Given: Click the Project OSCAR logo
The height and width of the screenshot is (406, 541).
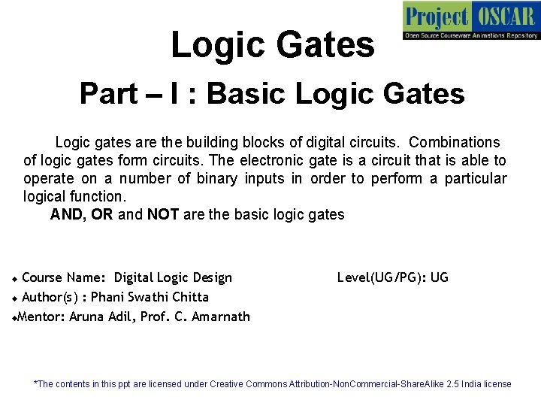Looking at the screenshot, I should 471,20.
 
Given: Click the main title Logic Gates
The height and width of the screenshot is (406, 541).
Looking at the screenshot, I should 272,44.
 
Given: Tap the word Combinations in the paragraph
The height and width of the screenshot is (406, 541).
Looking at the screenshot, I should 455,142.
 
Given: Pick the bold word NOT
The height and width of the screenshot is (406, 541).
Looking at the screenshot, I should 162,214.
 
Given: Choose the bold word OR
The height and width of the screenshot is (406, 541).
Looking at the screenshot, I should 103,214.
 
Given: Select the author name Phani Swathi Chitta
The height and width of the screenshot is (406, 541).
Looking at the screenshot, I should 150,297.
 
